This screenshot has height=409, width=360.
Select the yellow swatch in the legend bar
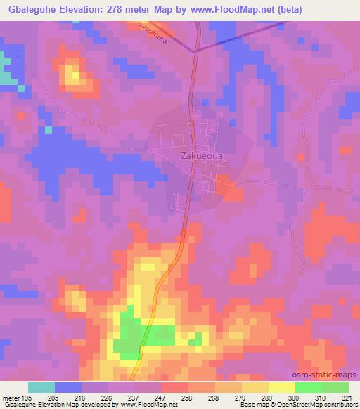[281, 387]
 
